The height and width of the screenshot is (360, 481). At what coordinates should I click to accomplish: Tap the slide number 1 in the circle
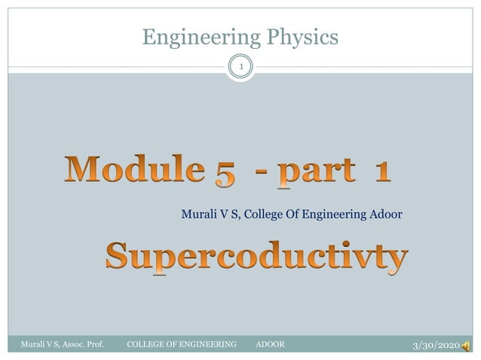[240, 68]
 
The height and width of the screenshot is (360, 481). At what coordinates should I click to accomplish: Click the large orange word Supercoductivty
[256, 258]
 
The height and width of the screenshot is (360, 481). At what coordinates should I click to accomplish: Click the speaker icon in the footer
[467, 345]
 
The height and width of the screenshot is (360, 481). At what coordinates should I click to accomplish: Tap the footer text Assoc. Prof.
[81, 344]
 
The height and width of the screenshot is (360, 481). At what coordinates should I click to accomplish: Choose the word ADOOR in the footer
[271, 344]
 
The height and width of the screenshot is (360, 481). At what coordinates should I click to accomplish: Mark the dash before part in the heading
[263, 172]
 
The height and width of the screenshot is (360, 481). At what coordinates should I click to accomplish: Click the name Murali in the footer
[33, 344]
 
